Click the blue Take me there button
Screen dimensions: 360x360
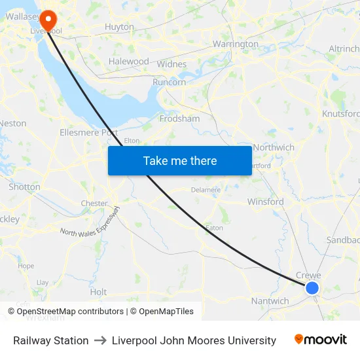tap(180, 160)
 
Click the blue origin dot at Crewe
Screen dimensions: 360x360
tap(312, 287)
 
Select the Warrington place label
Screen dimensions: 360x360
tap(236, 44)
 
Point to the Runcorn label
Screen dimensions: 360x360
tap(169, 82)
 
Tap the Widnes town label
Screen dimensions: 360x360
tap(172, 64)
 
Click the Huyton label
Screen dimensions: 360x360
tap(119, 27)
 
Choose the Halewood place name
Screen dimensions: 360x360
tap(129, 61)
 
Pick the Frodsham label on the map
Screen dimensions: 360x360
tap(180, 118)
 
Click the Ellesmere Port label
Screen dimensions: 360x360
tap(88, 132)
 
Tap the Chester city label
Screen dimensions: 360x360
tap(94, 203)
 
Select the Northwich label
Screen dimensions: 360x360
tap(274, 147)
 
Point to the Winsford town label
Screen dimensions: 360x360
tap(265, 202)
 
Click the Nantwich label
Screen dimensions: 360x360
tap(270, 301)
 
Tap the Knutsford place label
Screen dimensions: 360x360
tap(340, 113)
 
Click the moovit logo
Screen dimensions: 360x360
tap(321, 340)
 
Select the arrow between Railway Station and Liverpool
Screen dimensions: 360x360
tap(100, 340)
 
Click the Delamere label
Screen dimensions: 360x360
tap(206, 190)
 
